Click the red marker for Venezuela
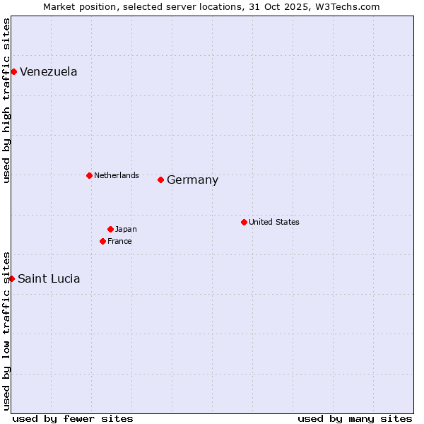click(13, 71)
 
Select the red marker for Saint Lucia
click(11, 278)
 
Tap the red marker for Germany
click(160, 179)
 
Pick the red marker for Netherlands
click(89, 175)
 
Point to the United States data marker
click(244, 222)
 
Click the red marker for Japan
click(110, 229)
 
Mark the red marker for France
click(102, 241)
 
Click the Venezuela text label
click(49, 71)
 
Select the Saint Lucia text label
click(49, 278)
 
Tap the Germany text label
click(192, 179)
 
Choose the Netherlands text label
click(117, 175)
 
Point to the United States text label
click(274, 222)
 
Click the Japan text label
click(126, 229)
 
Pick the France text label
click(119, 241)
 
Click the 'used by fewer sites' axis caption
click(73, 418)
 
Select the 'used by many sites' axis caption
click(355, 418)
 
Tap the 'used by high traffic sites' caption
click(6, 100)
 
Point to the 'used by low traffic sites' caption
click(6, 330)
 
